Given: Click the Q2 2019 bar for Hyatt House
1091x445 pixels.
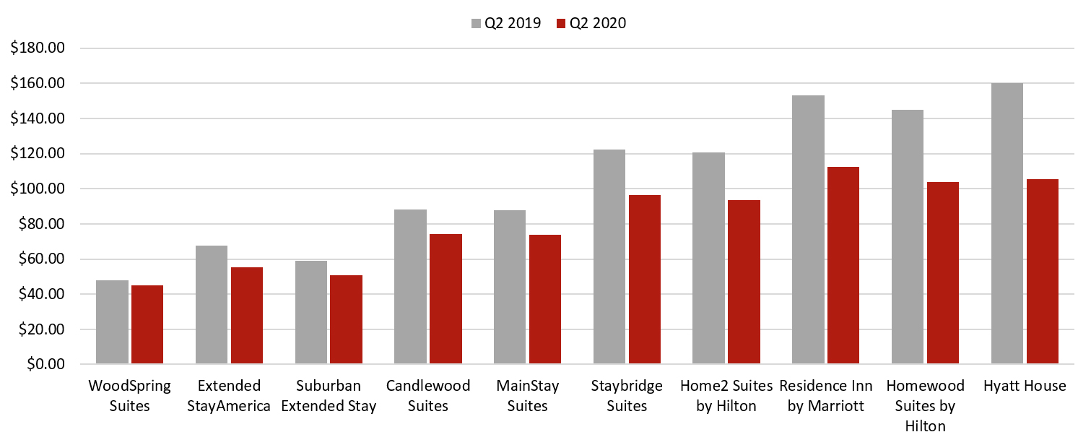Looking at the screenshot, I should [x=1007, y=224].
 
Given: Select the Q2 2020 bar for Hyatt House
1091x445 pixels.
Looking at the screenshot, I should [x=1042, y=272].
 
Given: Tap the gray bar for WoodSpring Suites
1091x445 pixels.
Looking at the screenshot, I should [x=112, y=322].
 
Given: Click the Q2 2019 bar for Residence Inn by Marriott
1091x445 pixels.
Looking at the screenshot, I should [x=808, y=230].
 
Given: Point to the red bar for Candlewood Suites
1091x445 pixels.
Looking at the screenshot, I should [x=445, y=299].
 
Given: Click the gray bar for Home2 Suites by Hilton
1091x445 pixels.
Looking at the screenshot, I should [x=708, y=259].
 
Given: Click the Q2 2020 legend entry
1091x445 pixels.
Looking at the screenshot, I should [x=591, y=23].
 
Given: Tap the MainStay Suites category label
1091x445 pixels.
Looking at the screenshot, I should [x=527, y=396].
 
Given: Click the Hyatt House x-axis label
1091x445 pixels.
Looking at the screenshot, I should [x=1024, y=386].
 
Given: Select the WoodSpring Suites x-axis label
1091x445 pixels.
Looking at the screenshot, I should [x=129, y=396].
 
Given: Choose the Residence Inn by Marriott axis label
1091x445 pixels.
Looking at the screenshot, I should [x=825, y=396].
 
